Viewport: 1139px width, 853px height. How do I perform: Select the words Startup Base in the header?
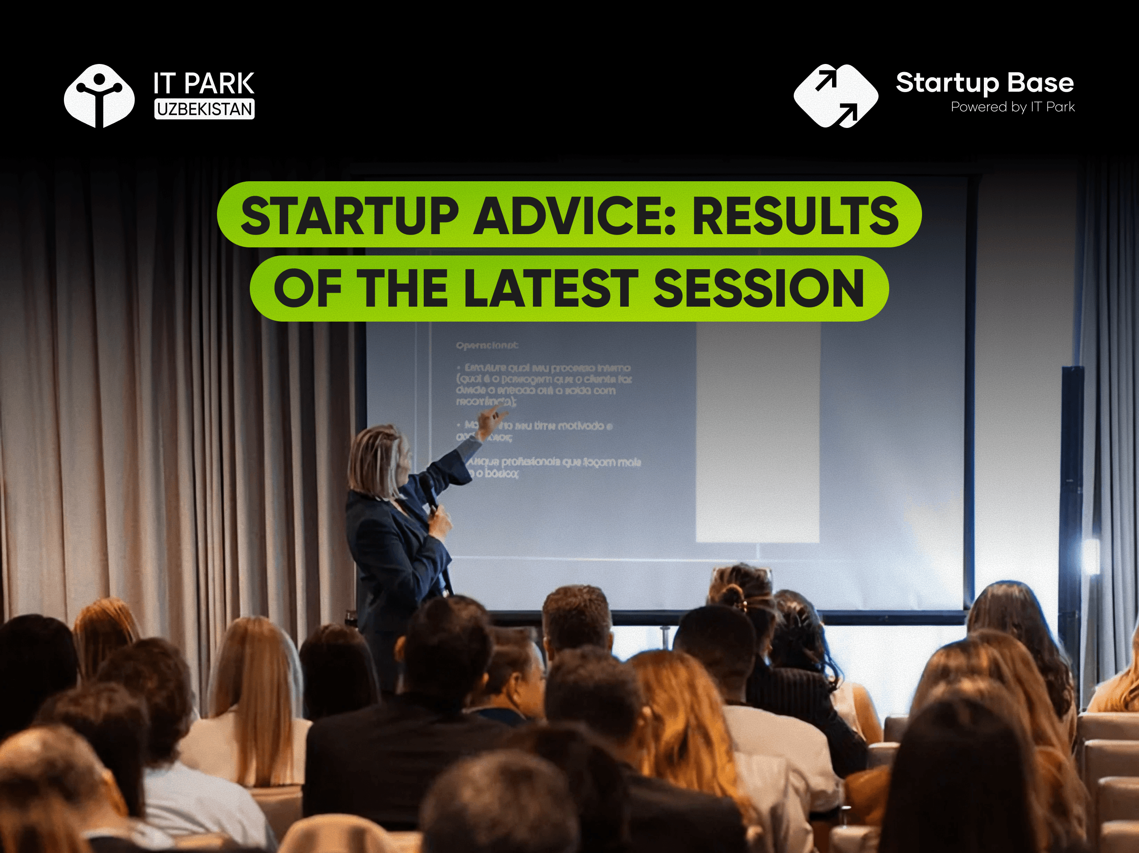coord(985,82)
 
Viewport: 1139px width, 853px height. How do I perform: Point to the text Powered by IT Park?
coord(1012,107)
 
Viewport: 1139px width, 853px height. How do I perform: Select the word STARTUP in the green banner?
coord(349,215)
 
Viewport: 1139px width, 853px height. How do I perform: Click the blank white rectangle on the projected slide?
coord(757,432)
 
